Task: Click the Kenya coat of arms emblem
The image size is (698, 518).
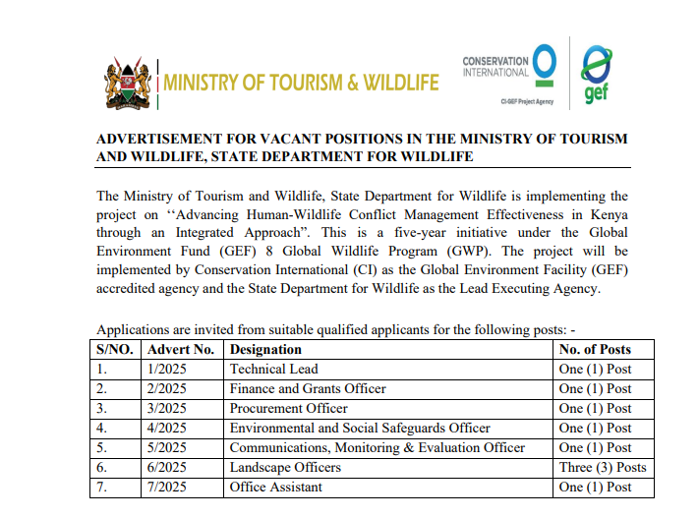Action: pos(128,84)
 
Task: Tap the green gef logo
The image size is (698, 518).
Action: pos(596,75)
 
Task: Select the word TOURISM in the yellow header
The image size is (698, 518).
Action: pos(307,83)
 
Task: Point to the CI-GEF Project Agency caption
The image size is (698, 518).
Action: pos(527,101)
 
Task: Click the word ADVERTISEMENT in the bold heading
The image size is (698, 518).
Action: pos(159,139)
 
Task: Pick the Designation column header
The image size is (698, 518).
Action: pos(265,349)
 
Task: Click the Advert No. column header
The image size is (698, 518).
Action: pos(181,349)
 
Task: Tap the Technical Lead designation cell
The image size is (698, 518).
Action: pos(273,369)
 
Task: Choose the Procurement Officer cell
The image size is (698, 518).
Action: pos(288,408)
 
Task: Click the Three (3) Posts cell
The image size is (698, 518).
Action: pos(603,467)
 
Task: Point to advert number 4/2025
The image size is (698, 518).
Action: pos(166,428)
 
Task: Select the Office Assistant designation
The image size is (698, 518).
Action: pos(275,487)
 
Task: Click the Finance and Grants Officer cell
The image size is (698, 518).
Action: pos(308,388)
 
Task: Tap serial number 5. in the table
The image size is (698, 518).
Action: pos(101,447)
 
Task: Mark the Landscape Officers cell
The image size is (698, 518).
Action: pos(285,467)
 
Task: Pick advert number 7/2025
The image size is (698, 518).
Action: pos(166,487)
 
